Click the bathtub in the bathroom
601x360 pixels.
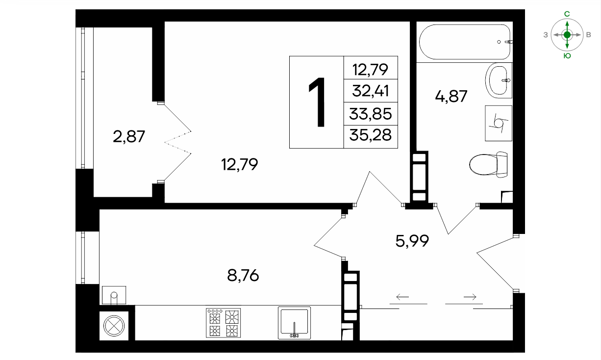pyautogui.click(x=465, y=42)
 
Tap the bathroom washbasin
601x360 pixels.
pyautogui.click(x=499, y=80)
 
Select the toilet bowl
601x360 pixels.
pyautogui.click(x=488, y=165)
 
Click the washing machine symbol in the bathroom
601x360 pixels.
pyautogui.click(x=499, y=123)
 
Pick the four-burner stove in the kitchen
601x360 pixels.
pyautogui.click(x=223, y=323)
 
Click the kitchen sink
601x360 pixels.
pyautogui.click(x=294, y=323)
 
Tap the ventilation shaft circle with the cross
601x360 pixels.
pyautogui.click(x=114, y=326)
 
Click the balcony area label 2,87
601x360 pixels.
pyautogui.click(x=129, y=136)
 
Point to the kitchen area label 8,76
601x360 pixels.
pyautogui.click(x=243, y=276)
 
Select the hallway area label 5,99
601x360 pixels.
pyautogui.click(x=412, y=241)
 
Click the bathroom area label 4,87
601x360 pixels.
pyautogui.click(x=451, y=96)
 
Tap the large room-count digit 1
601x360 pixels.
pyautogui.click(x=317, y=102)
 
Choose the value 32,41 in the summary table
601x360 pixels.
pyautogui.click(x=370, y=91)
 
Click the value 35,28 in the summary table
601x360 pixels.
pyautogui.click(x=370, y=135)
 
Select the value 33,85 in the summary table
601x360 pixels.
pyautogui.click(x=370, y=114)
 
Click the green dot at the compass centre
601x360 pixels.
pyautogui.click(x=567, y=35)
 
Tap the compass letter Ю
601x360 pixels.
pyautogui.click(x=567, y=56)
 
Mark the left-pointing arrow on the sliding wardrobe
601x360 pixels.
pyautogui.click(x=402, y=297)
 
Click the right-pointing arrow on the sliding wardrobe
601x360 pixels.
pyautogui.click(x=470, y=297)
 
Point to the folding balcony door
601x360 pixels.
pyautogui.click(x=177, y=142)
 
